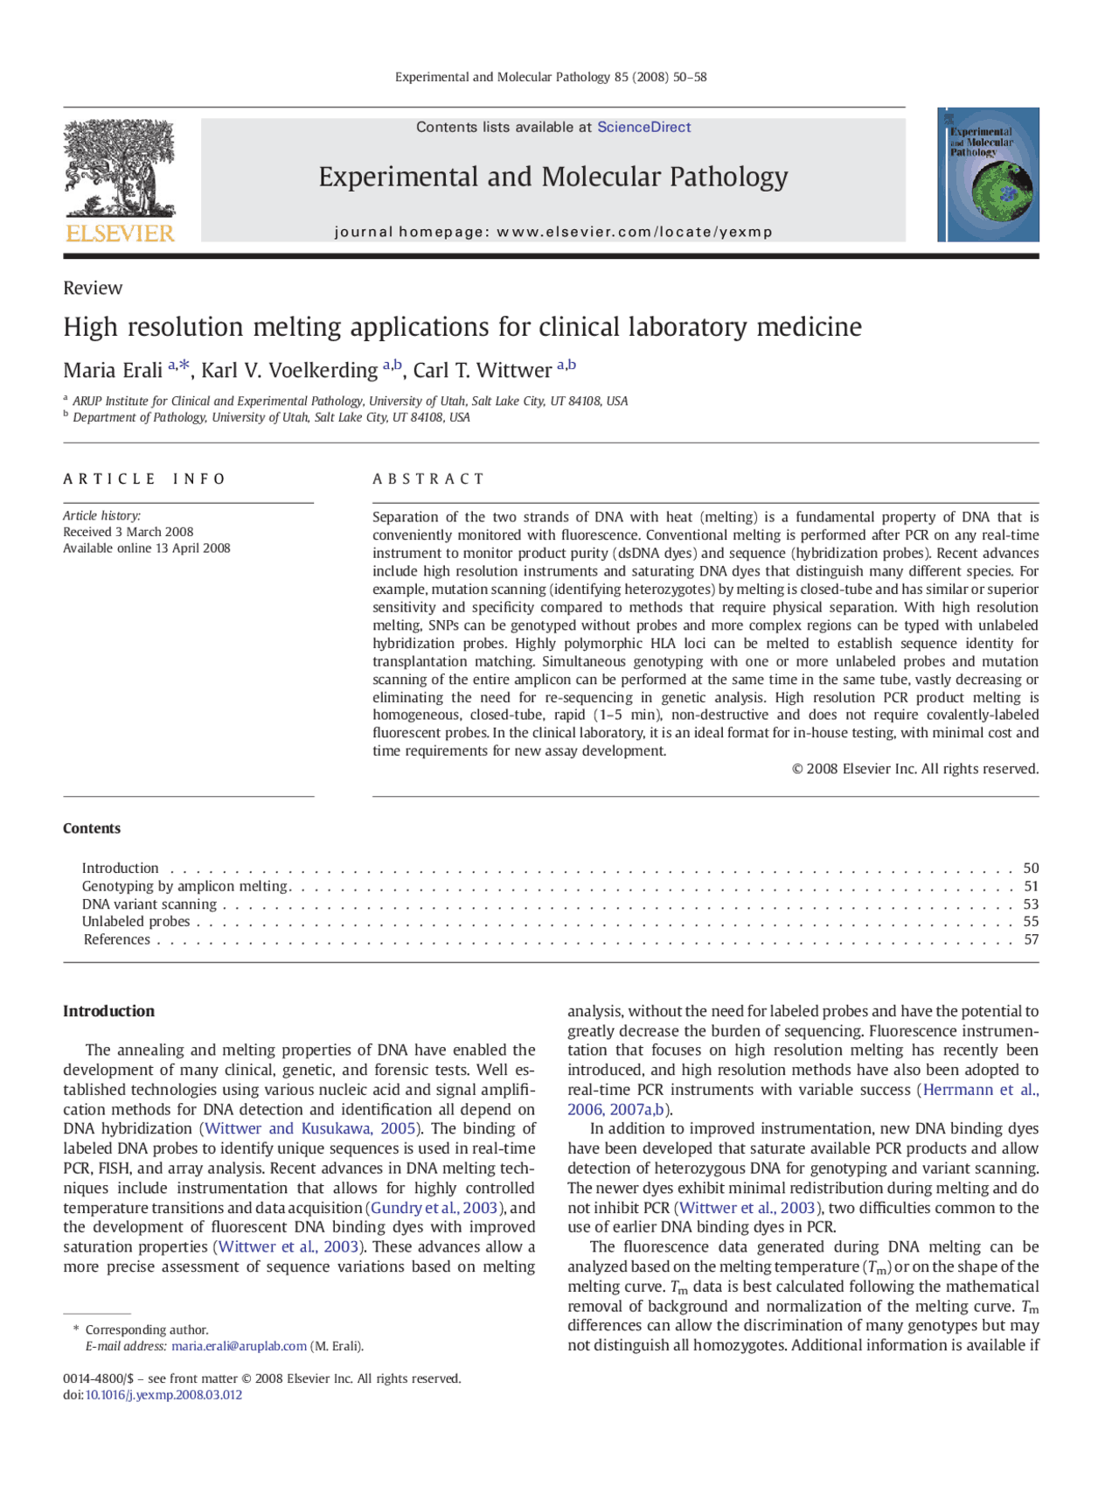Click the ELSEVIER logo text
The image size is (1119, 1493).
[x=120, y=234]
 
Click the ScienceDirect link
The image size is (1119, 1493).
[x=643, y=127]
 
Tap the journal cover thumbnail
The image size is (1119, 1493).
[x=988, y=175]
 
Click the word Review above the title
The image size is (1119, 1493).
[x=93, y=288]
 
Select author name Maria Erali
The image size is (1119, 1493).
[x=113, y=371]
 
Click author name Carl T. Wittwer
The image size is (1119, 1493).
[x=482, y=371]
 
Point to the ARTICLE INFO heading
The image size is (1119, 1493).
[x=144, y=478]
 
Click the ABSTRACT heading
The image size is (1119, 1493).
[x=428, y=478]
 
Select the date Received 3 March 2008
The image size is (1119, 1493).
[x=129, y=532]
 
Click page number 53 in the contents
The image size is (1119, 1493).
[x=1031, y=904]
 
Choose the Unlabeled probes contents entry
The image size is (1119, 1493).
[x=136, y=922]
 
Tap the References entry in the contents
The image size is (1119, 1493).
[x=117, y=939]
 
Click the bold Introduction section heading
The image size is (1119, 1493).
[x=108, y=1011]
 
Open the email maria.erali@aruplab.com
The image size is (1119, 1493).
[x=239, y=1346]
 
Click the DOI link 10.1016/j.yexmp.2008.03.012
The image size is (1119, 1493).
[x=163, y=1395]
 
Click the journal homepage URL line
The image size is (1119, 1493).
[x=553, y=232]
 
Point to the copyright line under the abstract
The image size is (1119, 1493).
[x=914, y=769]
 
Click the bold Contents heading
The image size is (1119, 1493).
[x=92, y=828]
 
